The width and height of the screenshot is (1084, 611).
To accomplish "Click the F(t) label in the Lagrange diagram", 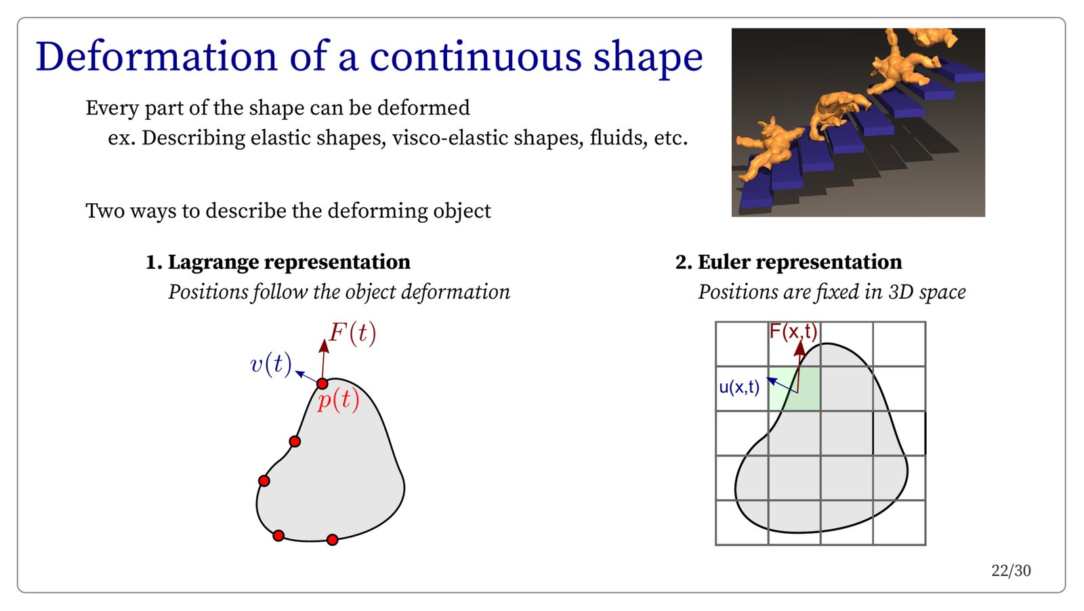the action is point(352,333).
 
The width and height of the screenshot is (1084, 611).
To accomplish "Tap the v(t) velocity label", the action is point(271,364).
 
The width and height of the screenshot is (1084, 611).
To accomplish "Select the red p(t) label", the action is point(338,400).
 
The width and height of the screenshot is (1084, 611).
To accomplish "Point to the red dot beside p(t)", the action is point(322,383).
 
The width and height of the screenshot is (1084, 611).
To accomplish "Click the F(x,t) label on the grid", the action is point(793,332).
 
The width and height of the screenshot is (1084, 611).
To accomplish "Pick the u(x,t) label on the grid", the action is point(739,387).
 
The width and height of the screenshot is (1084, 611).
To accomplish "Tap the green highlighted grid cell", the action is point(794,388).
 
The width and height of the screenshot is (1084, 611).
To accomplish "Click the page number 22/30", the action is point(1011,571).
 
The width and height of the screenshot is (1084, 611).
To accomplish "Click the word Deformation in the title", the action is point(157,57).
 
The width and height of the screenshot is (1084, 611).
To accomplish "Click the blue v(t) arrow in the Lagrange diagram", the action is point(307,377).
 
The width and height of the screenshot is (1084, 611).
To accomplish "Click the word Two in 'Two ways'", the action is point(104,211).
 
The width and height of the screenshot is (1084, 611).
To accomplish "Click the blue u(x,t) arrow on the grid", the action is point(783,385).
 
